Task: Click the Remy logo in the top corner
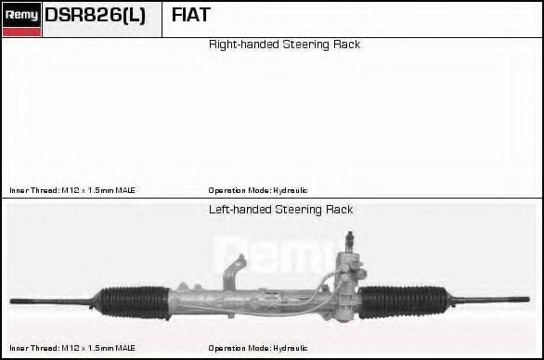pos(21,19)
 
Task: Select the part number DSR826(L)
pos(95,15)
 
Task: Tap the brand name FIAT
pos(191,15)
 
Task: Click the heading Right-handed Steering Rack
pos(284,45)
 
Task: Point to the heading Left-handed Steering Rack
pos(280,210)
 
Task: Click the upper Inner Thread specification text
pos(72,190)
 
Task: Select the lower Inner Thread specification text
pos(72,348)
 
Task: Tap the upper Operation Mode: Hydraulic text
pos(258,190)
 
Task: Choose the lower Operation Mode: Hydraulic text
pos(258,348)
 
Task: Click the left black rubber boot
pos(134,302)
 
